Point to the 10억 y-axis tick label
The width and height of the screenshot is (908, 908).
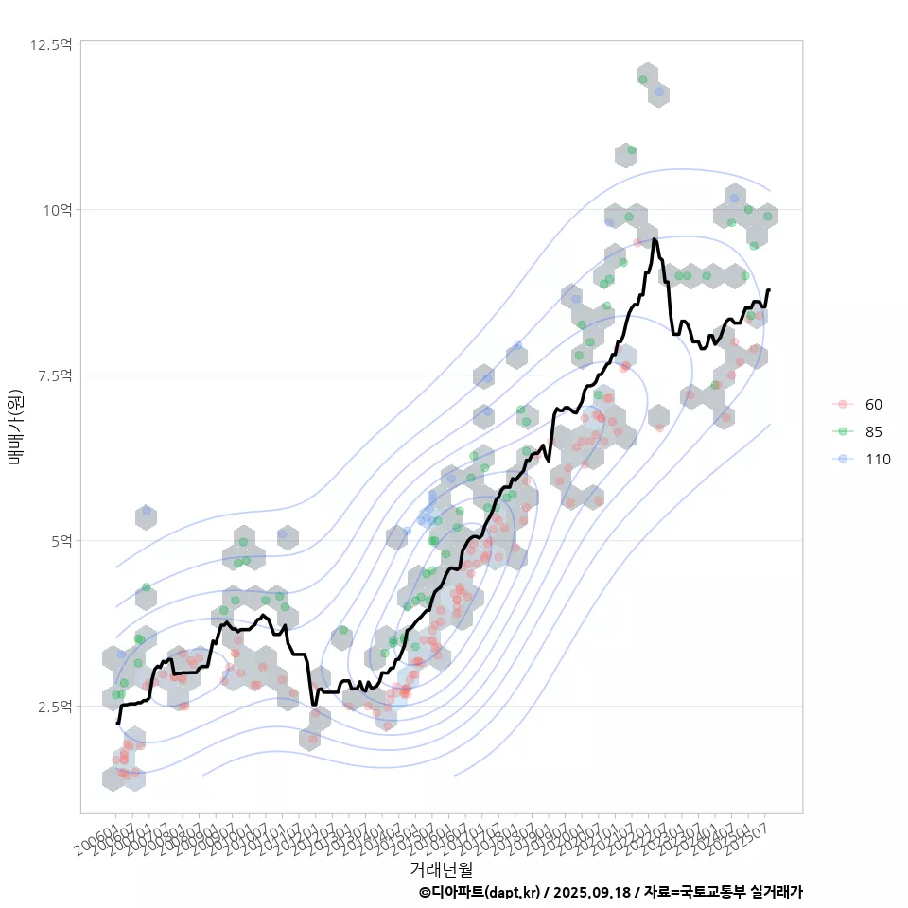pos(58,210)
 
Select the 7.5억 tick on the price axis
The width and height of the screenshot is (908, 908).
pos(55,375)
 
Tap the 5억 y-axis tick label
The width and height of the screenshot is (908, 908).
pos(61,541)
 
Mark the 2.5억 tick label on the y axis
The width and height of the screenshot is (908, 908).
pos(55,707)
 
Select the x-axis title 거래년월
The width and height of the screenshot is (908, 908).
pos(441,868)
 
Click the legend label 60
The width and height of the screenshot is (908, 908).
pos(873,405)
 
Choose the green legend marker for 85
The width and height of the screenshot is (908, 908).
pos(842,431)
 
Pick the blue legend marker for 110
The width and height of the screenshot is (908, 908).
pos(842,460)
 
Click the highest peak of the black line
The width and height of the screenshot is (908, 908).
pos(655,240)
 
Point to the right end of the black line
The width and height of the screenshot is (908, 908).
pos(769,290)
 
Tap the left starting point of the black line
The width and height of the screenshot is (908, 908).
pos(117,723)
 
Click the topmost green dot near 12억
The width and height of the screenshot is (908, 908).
pos(643,79)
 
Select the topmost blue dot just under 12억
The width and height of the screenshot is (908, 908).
pos(658,92)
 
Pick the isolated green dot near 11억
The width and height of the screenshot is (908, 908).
pos(631,150)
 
